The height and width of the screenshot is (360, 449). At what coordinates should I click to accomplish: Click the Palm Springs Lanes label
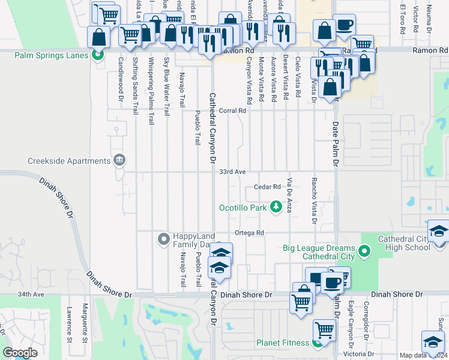coord(52,56)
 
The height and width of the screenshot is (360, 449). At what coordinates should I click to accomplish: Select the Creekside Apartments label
coord(69,161)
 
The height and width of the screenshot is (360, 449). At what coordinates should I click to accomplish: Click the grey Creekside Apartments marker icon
coord(119,160)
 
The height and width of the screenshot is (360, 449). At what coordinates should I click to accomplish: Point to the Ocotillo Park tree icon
coord(276,208)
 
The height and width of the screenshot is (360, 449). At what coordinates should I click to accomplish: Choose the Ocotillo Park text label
coord(243,208)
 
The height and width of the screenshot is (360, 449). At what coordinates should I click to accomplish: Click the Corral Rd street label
coord(233,110)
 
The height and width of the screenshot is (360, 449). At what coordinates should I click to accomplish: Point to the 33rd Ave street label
coord(232,172)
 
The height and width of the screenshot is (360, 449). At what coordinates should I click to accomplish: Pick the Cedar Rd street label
coord(267,187)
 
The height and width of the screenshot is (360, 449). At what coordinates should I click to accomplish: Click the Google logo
coord(20,353)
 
